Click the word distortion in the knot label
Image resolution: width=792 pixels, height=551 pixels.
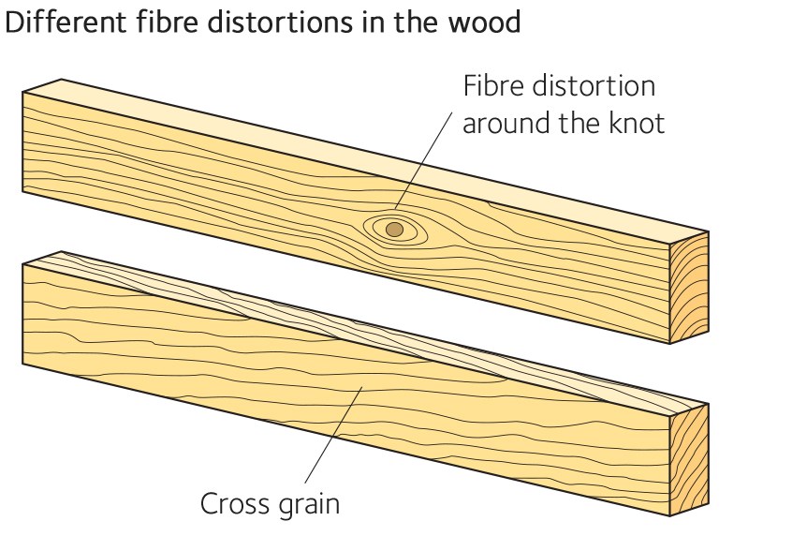pyautogui.click(x=600, y=86)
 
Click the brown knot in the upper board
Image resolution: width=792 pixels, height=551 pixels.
pyautogui.click(x=395, y=229)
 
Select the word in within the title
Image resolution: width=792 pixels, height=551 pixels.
pyautogui.click(x=379, y=22)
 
